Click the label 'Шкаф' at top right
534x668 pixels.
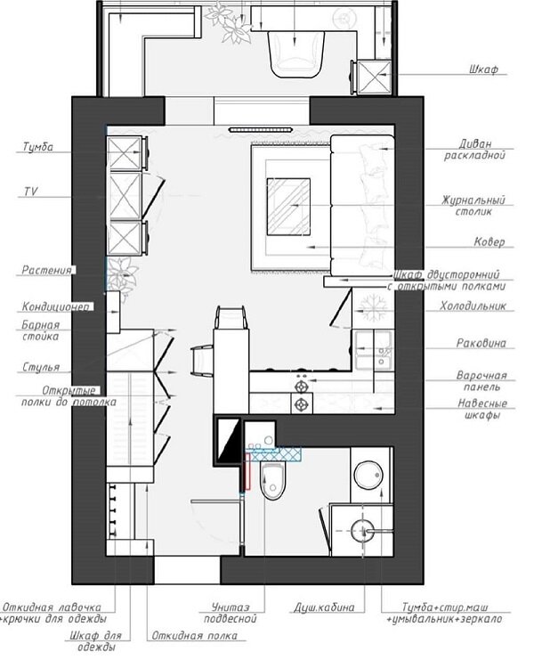(x=484, y=69)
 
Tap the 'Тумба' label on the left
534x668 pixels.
(x=38, y=147)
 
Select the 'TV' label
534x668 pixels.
(x=30, y=191)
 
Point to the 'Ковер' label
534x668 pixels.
(x=489, y=241)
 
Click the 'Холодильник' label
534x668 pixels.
(x=473, y=305)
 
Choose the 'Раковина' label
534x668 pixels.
(x=481, y=343)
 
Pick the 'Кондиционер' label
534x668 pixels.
(x=56, y=306)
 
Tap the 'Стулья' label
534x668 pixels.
(x=41, y=367)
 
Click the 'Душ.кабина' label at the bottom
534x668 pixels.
(x=324, y=607)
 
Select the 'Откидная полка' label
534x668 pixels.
(x=195, y=636)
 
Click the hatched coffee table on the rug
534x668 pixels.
(x=288, y=207)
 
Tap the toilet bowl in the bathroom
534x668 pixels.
(x=273, y=481)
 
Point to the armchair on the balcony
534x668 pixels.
(x=295, y=53)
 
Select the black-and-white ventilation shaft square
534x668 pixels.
(x=227, y=440)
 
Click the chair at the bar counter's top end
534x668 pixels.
(x=231, y=317)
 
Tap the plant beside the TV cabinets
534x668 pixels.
(x=122, y=275)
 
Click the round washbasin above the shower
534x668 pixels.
(x=368, y=475)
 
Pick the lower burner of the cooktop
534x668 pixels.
(x=302, y=403)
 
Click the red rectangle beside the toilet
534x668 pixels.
(x=247, y=471)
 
